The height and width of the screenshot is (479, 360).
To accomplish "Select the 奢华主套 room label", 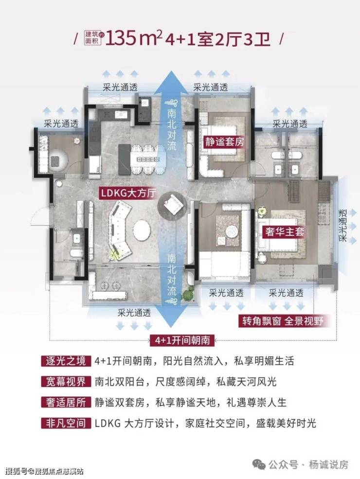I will point(283,231).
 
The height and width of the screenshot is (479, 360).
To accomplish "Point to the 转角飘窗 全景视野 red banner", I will point(283,321).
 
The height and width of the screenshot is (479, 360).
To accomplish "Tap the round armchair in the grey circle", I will point(172,207).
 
